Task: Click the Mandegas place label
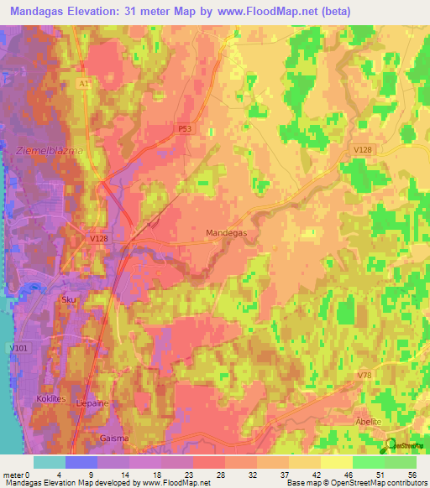click(226, 236)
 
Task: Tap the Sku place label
click(68, 299)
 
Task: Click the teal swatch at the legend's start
click(49, 462)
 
